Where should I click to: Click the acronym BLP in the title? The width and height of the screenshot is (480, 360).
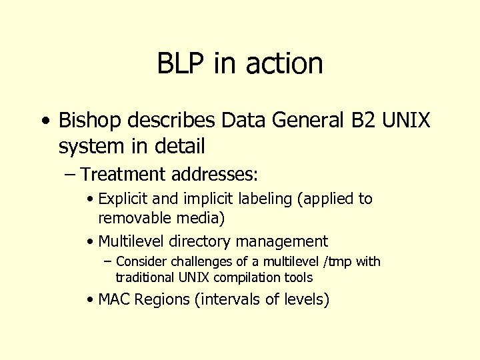tap(182, 63)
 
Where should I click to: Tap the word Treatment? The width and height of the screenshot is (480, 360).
tap(123, 175)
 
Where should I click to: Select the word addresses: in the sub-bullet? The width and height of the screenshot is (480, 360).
tap(214, 175)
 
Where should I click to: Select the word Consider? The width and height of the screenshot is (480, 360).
tap(139, 262)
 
